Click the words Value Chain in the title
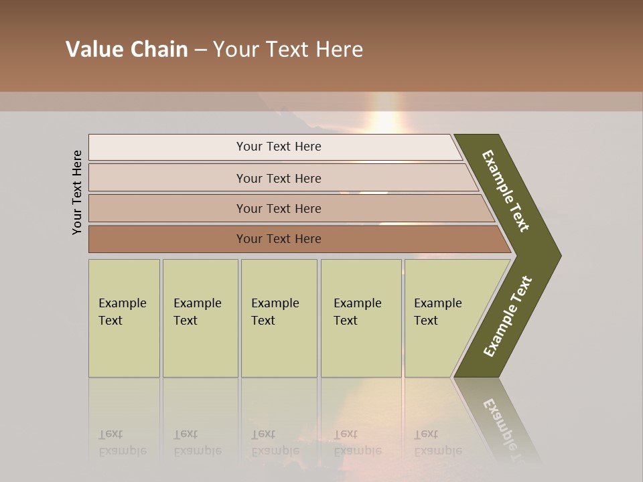tap(127, 50)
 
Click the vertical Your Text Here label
tap(77, 192)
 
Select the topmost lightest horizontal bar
tap(167, 147)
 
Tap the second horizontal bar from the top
tap(167, 178)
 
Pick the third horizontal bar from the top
tap(167, 208)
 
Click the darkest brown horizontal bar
tap(167, 239)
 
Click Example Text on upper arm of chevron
tap(506, 191)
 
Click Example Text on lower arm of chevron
tap(507, 317)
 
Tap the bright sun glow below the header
tap(385, 120)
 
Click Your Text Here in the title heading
tap(288, 50)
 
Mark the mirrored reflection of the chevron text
tap(506, 428)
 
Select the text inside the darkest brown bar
tap(279, 239)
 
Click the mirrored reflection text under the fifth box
tap(437, 443)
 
